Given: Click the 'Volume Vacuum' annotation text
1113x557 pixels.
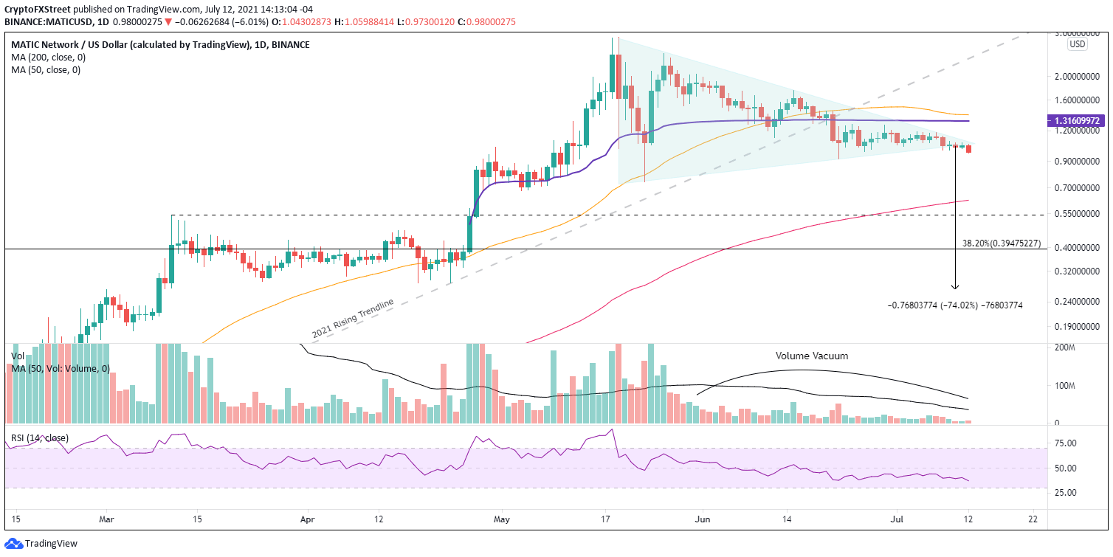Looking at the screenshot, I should tap(811, 356).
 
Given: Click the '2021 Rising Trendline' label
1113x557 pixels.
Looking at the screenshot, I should tap(353, 319).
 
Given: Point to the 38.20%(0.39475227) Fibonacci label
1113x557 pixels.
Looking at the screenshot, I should tap(1002, 243).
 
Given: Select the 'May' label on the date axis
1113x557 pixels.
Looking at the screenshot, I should tap(501, 519).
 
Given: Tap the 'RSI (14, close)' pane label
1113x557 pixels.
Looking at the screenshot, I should tap(40, 438).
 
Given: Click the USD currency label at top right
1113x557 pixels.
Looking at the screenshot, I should tap(1078, 44).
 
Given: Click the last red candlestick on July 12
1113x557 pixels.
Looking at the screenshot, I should tap(969, 149).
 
